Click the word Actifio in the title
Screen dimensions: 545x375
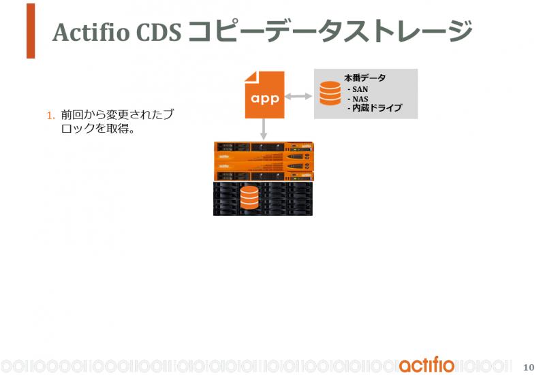tap(91, 32)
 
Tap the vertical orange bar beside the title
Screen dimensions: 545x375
tap(31, 31)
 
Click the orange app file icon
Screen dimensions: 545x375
tap(265, 95)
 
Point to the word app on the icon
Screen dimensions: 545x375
tap(265, 99)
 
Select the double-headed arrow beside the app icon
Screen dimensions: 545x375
tap(298, 96)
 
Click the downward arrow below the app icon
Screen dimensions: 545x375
tap(264, 129)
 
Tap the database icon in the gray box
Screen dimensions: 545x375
tap(330, 93)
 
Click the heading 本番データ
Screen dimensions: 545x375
tap(365, 78)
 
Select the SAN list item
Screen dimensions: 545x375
tap(358, 89)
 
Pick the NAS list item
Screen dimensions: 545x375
tap(358, 99)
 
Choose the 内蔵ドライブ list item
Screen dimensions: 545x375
tap(375, 108)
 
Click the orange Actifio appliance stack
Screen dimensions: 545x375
tap(264, 161)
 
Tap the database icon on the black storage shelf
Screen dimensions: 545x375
tap(249, 197)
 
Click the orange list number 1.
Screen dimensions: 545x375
tap(50, 116)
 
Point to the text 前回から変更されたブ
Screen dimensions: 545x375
tap(117, 114)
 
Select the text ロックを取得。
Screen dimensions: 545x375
tap(98, 129)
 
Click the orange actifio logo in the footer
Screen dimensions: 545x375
tap(427, 365)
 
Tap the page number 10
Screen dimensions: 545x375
tap(529, 367)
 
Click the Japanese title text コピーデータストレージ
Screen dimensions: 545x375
tap(330, 31)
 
